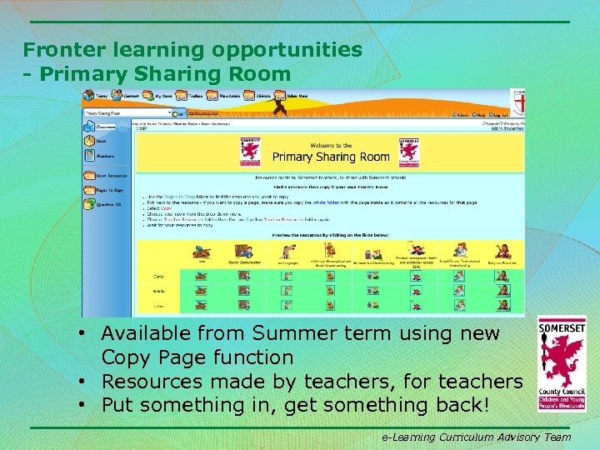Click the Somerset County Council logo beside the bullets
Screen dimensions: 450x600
[561, 364]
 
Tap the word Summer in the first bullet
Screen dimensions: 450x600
[294, 334]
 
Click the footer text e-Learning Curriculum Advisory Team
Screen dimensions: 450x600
[476, 437]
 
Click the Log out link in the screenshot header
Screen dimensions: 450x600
[500, 114]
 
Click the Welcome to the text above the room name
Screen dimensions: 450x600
[331, 145]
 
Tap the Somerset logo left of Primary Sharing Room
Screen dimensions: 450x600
[251, 151]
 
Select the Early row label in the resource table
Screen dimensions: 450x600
[158, 275]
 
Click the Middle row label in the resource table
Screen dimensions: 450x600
[158, 291]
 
